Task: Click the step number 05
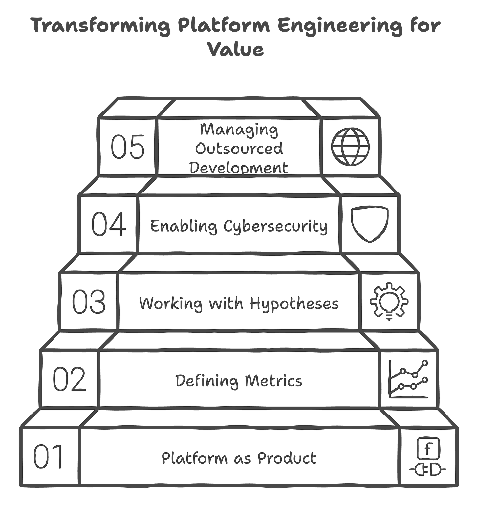[127, 147]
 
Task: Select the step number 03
[89, 302]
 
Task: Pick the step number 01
[48, 456]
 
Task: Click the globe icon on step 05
[350, 147]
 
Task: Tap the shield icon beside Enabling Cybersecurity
[370, 224]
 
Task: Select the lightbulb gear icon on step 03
[389, 301]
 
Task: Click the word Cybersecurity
[275, 227]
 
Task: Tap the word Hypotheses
[294, 304]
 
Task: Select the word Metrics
[273, 381]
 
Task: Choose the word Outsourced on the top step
[239, 149]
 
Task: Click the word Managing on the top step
[239, 130]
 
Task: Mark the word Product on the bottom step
[287, 458]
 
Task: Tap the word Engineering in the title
[340, 26]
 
